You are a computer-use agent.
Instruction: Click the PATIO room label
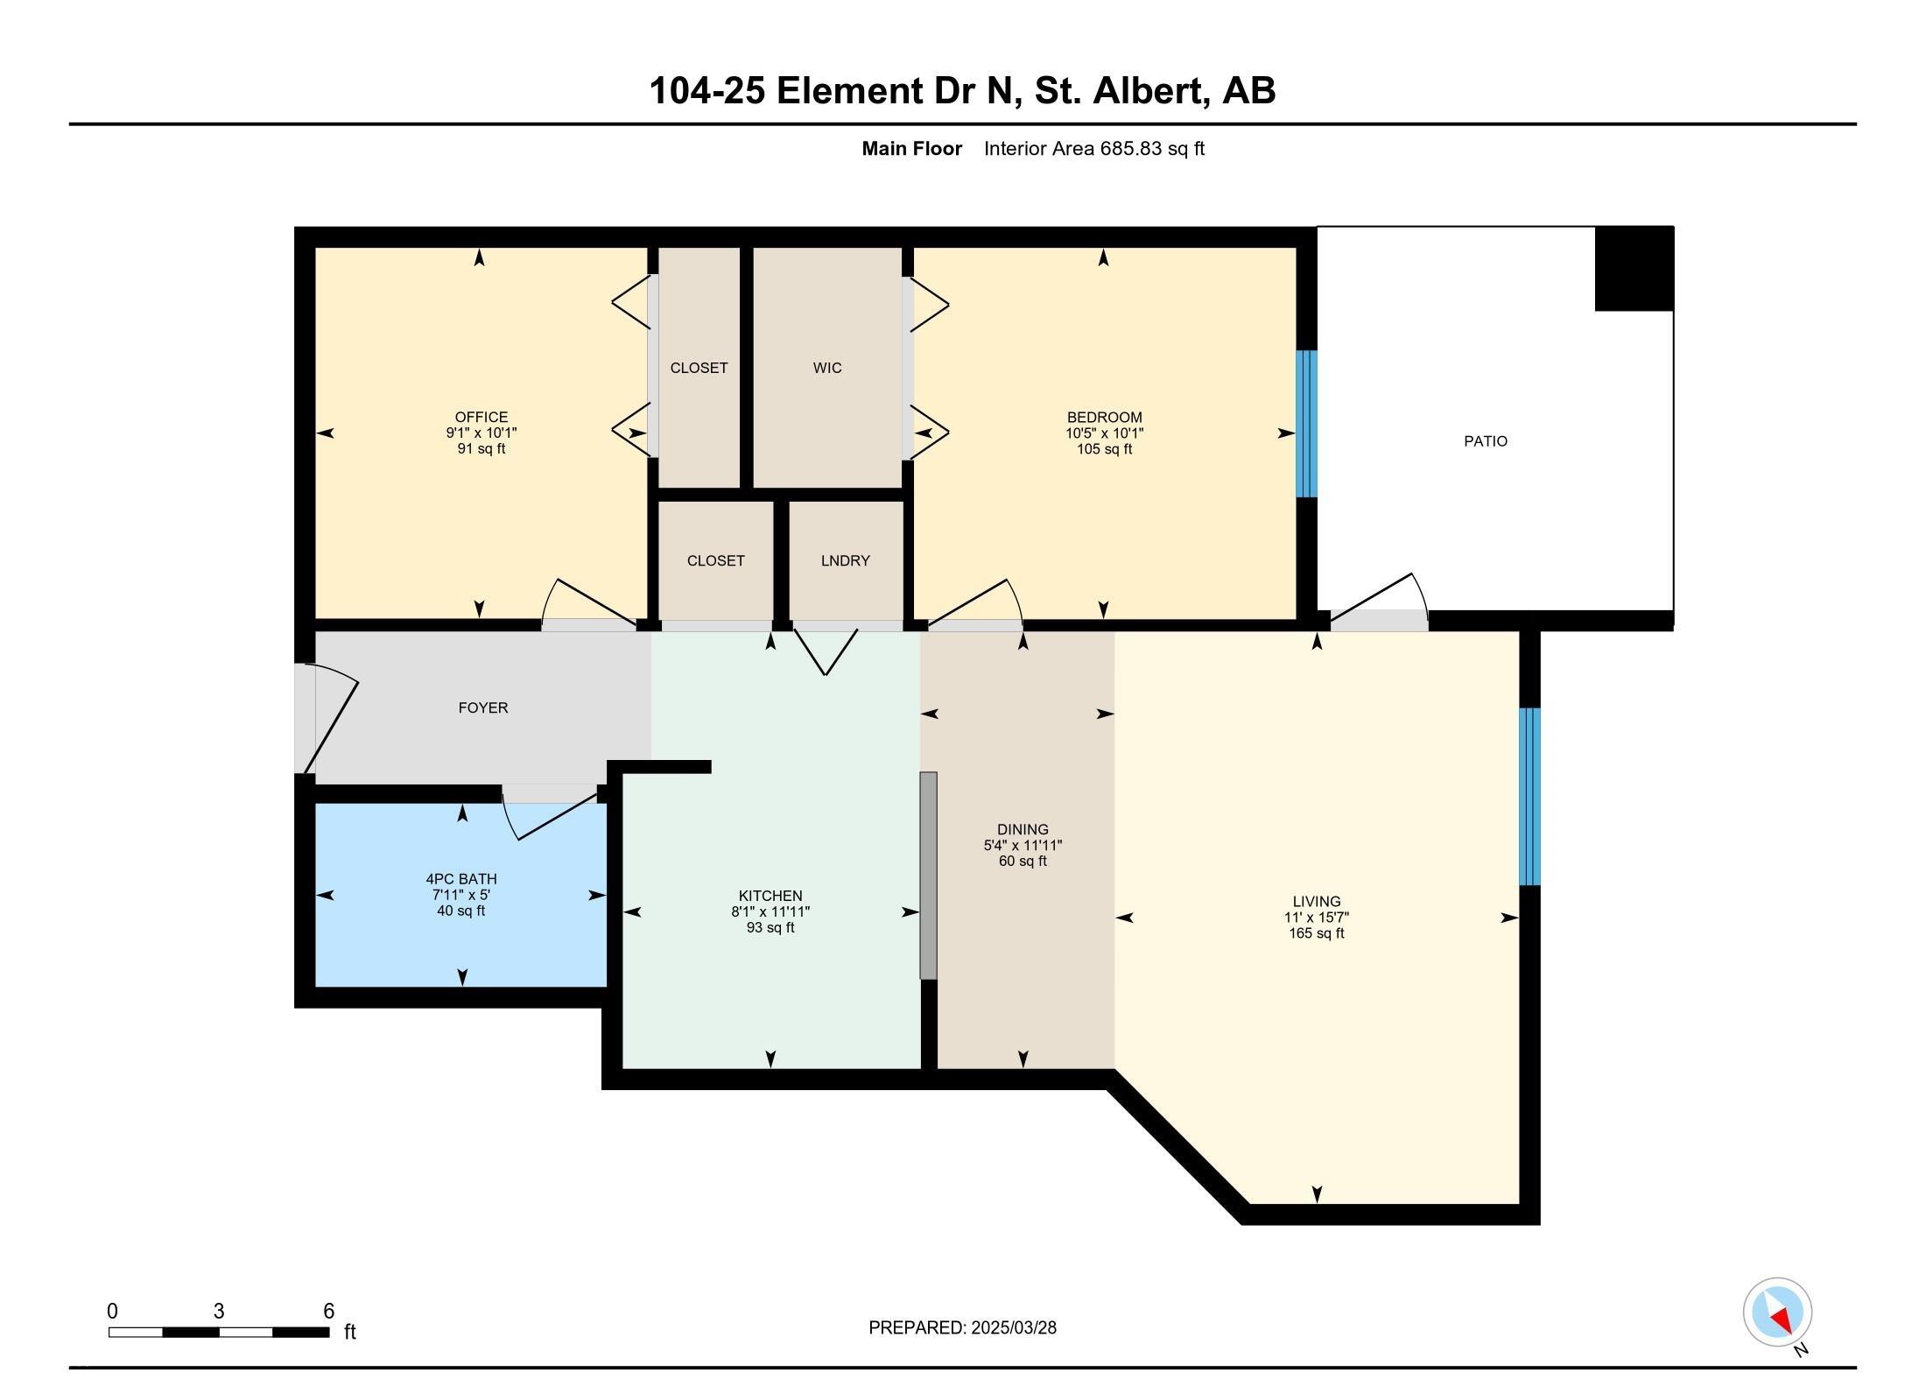coord(1486,441)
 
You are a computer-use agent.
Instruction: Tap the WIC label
coord(827,368)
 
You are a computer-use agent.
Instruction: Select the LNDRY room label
coord(846,560)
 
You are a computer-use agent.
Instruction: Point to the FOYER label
coord(483,707)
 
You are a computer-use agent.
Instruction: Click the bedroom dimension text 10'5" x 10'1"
coord(1105,433)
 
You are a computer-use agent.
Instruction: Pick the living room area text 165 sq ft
coord(1317,933)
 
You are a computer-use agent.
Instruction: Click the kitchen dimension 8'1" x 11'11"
coord(770,911)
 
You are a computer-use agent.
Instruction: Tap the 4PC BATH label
coord(461,879)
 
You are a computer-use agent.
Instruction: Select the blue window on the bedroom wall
coord(1306,424)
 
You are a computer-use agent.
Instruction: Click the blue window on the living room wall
coord(1529,797)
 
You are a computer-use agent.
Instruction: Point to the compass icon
coord(1777,1312)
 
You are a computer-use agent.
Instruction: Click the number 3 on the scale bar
coord(219,1311)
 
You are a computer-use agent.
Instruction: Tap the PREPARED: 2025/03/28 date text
coord(962,1327)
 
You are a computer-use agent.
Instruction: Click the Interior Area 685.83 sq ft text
coord(1094,149)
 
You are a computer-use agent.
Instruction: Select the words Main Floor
coord(912,149)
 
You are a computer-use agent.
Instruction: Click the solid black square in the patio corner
coord(1634,269)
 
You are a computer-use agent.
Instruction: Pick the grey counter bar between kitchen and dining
coord(928,876)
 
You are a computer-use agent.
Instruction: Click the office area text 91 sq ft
coord(481,449)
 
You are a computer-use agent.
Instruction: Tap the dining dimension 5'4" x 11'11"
coord(1023,846)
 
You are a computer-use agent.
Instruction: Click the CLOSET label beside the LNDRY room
coord(716,560)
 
